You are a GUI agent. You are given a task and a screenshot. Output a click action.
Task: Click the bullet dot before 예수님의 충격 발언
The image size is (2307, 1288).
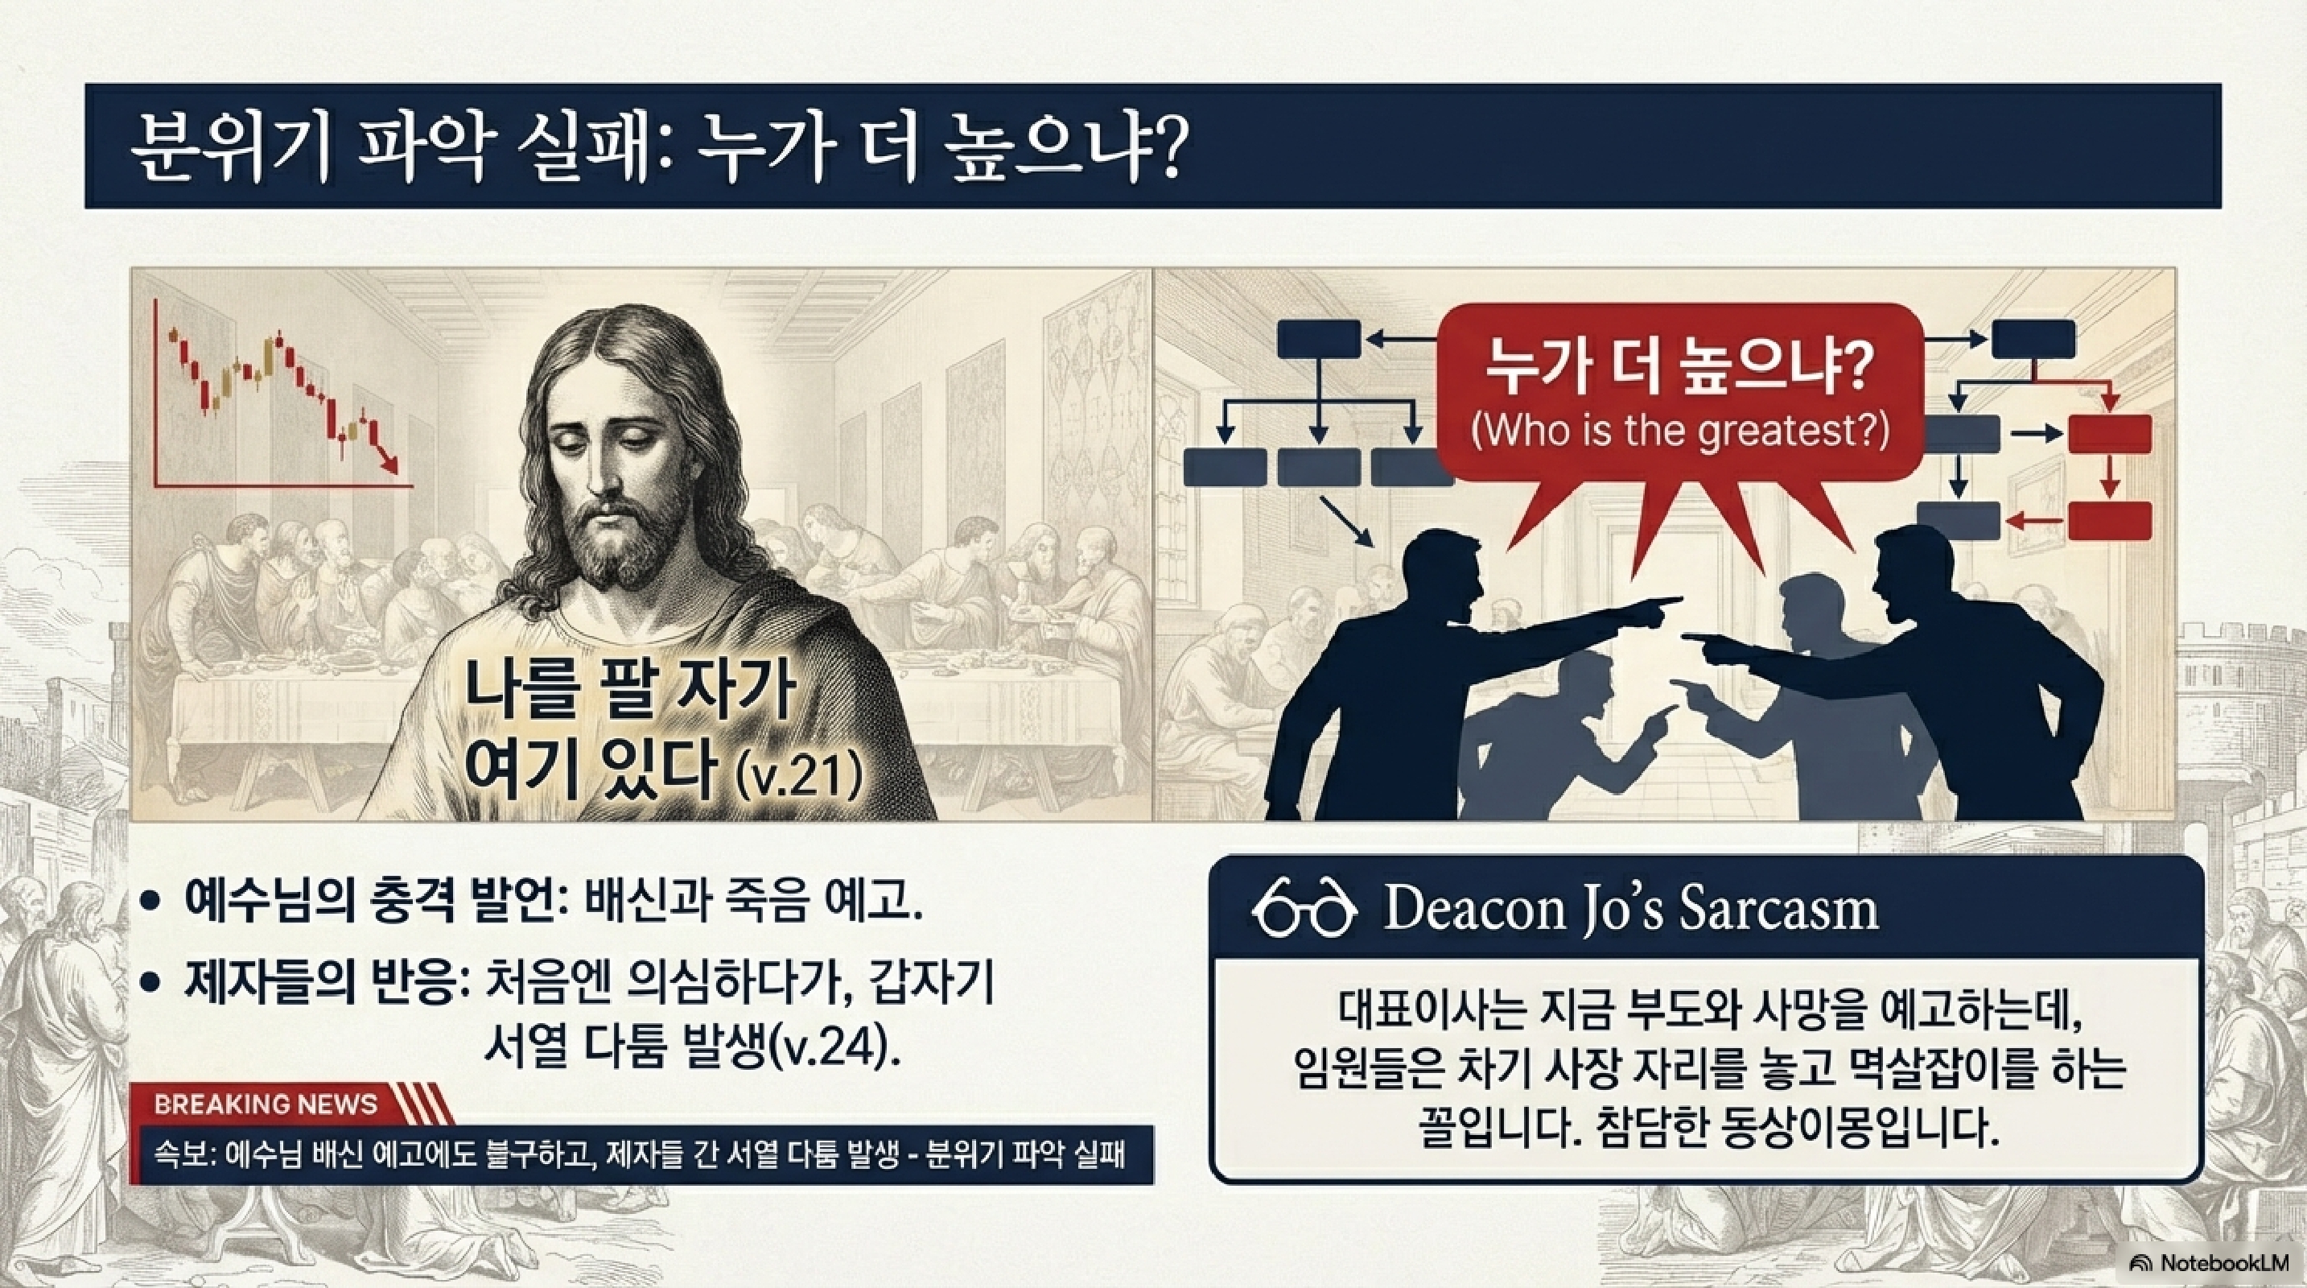(x=152, y=902)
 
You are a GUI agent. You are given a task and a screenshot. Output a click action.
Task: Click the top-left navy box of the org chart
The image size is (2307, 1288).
(x=1318, y=340)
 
